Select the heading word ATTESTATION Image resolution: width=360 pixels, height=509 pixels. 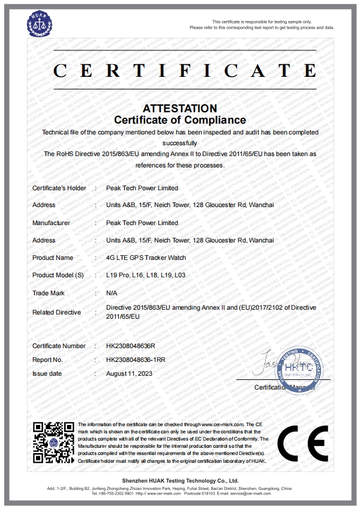click(x=180, y=109)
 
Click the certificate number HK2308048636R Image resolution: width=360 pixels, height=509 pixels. click(x=131, y=346)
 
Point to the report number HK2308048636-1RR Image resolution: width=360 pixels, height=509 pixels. click(x=136, y=360)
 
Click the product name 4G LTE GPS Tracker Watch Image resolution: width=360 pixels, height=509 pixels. click(x=146, y=258)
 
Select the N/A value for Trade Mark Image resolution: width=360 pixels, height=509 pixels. click(x=111, y=294)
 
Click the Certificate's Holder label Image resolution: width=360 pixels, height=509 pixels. click(x=59, y=188)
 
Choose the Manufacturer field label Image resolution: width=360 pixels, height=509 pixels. click(x=51, y=223)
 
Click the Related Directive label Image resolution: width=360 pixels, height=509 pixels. click(x=56, y=312)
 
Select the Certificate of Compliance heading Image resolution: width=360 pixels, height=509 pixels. click(x=180, y=120)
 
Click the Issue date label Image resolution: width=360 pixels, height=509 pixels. click(x=47, y=373)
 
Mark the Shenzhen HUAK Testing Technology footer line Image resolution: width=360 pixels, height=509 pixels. click(x=180, y=481)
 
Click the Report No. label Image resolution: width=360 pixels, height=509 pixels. click(x=47, y=360)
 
